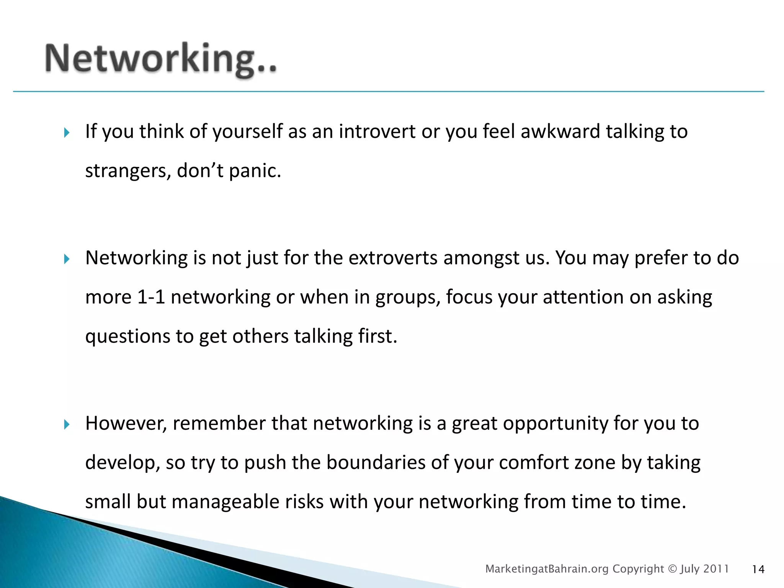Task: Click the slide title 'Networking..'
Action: (161, 59)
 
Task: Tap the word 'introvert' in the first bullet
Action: (377, 131)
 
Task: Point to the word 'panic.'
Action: (255, 171)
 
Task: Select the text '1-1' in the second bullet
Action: (151, 297)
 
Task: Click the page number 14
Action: (758, 570)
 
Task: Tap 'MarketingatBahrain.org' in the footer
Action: (547, 569)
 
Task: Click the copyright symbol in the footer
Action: (672, 569)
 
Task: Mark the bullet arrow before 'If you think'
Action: (67, 133)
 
